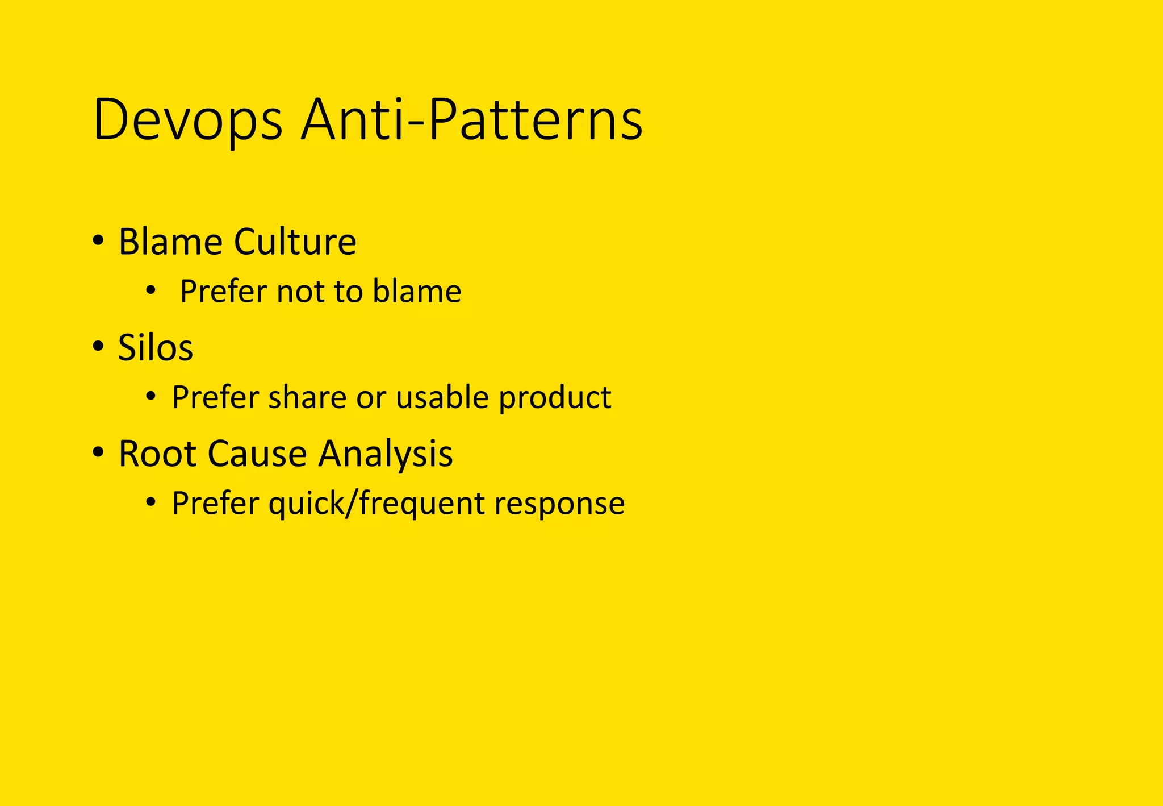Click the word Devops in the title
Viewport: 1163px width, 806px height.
[x=187, y=121]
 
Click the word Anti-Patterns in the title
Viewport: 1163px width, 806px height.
[x=471, y=121]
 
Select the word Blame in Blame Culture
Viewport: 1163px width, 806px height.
[x=170, y=242]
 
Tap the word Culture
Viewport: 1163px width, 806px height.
[x=295, y=242]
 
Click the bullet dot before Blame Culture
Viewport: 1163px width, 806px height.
[x=98, y=241]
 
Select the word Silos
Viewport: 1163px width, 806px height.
[x=155, y=347]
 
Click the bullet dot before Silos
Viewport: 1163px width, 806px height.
[x=98, y=346]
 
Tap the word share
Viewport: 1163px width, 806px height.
[x=307, y=397]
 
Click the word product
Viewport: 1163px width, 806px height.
[x=555, y=397]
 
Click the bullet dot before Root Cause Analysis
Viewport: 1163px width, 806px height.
[x=98, y=452]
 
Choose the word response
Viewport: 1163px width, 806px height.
[x=559, y=504]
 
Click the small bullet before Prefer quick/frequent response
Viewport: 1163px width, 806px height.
[x=150, y=502]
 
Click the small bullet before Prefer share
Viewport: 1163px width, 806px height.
[x=150, y=396]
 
